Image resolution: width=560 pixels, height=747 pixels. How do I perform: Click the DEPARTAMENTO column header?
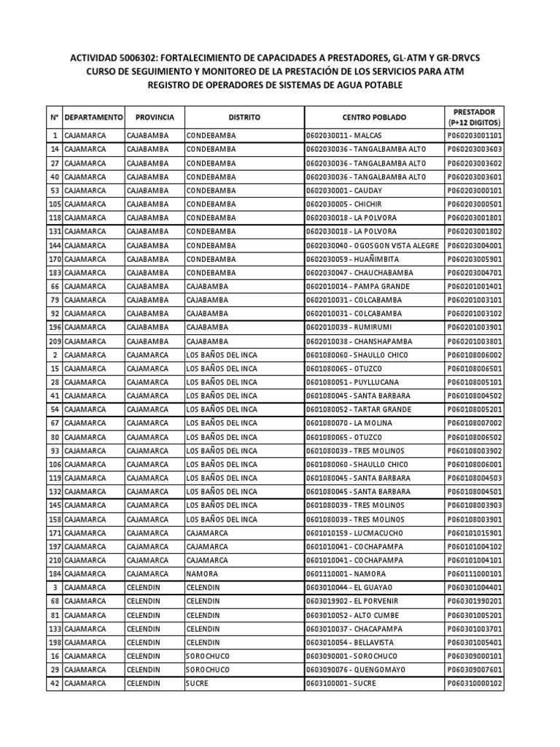pyautogui.click(x=93, y=117)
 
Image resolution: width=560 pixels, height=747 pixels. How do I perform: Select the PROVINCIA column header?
pyautogui.click(x=154, y=117)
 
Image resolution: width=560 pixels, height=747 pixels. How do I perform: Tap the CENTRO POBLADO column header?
pyautogui.click(x=374, y=117)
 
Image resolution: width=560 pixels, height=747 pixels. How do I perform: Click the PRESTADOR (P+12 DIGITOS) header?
pyautogui.click(x=474, y=117)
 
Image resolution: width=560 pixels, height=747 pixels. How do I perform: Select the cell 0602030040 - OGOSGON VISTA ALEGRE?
pyautogui.click(x=373, y=245)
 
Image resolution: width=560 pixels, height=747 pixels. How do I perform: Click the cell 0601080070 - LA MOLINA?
pyautogui.click(x=349, y=423)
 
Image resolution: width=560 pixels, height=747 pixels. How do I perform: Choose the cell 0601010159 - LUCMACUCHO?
pyautogui.click(x=354, y=533)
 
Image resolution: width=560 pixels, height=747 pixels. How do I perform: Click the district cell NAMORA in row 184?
pyautogui.click(x=202, y=573)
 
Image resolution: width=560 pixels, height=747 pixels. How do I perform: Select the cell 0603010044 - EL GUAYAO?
pyautogui.click(x=350, y=587)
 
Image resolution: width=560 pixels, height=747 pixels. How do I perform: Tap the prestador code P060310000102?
pyautogui.click(x=474, y=683)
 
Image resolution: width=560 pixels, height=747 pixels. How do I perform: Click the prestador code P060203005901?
pyautogui.click(x=474, y=259)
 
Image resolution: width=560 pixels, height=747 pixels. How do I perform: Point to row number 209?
pyautogui.click(x=54, y=341)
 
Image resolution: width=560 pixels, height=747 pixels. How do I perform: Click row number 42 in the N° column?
pyautogui.click(x=55, y=683)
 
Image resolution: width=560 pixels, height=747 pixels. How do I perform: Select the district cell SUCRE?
pyautogui.click(x=197, y=683)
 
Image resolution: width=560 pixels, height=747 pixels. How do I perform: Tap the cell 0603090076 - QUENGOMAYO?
pyautogui.click(x=354, y=669)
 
